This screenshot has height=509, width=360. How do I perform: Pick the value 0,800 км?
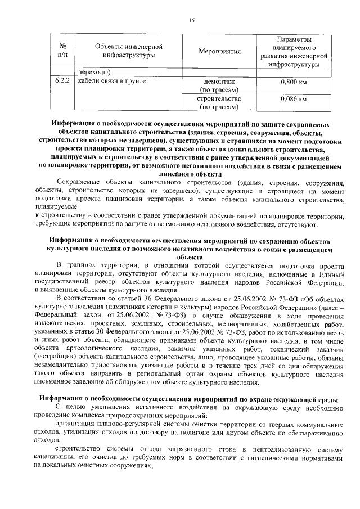coord(293,82)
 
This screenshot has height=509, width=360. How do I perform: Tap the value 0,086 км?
coord(293,99)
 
